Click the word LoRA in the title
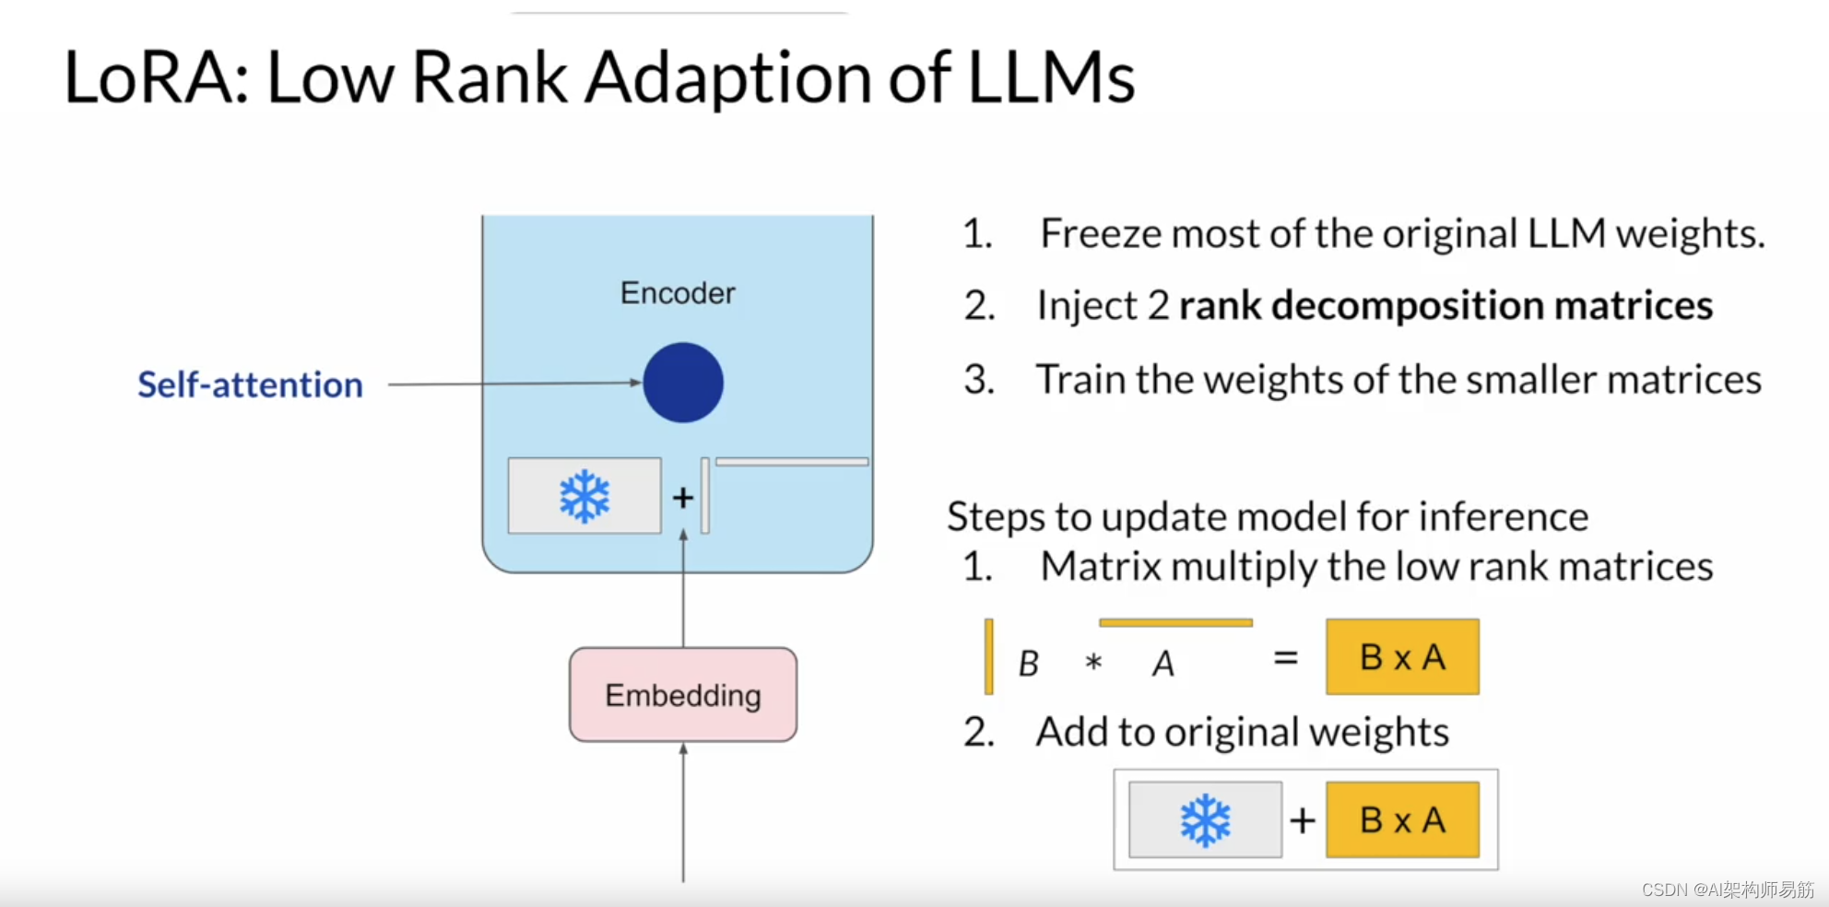(x=148, y=77)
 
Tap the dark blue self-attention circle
(x=683, y=383)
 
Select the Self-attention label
(x=250, y=384)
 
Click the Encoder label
(x=678, y=293)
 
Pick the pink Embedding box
(x=683, y=695)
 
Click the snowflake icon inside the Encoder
(x=584, y=497)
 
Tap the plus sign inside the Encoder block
(x=683, y=498)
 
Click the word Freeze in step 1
(x=1103, y=233)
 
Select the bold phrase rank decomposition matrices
(x=1445, y=305)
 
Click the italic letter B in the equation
(x=1029, y=663)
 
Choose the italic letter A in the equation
(x=1163, y=663)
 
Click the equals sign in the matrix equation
(x=1286, y=658)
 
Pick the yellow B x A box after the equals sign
(x=1402, y=657)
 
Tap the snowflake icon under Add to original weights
(x=1205, y=820)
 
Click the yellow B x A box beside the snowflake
(x=1402, y=820)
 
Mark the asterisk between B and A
(x=1094, y=662)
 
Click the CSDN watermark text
(x=1728, y=889)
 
